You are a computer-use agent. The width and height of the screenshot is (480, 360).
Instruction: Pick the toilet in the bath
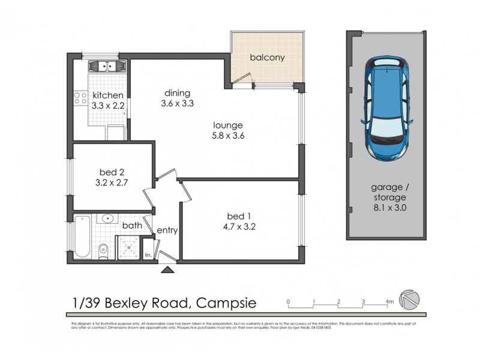click(x=104, y=248)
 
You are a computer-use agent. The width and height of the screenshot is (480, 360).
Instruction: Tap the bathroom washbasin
click(x=109, y=218)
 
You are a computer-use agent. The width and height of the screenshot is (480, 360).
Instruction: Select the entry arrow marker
click(x=167, y=270)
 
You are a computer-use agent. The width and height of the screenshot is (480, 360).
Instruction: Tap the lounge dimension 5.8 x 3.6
click(x=227, y=136)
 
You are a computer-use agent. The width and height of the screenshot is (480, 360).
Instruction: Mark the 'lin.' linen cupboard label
click(x=148, y=256)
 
